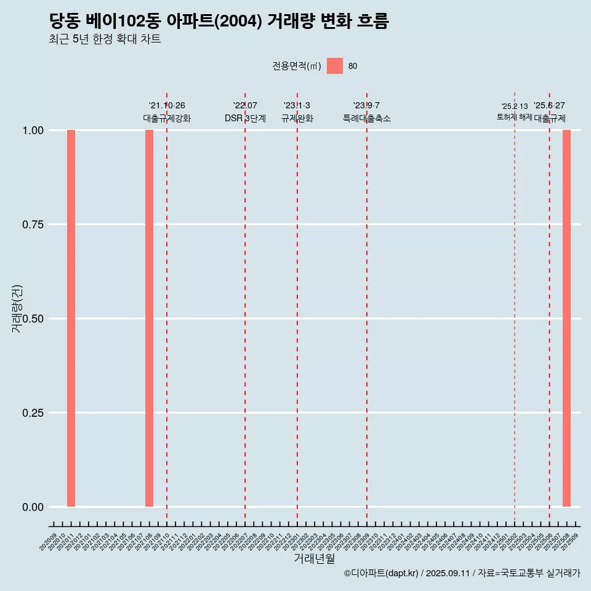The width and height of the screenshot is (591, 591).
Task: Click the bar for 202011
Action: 71,318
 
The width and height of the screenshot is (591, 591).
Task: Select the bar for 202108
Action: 149,318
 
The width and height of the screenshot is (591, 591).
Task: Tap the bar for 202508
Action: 566,318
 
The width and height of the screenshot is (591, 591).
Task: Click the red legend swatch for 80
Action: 335,66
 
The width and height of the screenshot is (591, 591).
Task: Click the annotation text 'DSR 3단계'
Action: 245,118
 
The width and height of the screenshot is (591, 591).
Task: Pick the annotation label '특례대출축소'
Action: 367,118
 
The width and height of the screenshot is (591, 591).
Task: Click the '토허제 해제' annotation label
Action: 514,117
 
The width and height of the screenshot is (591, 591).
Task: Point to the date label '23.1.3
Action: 297,106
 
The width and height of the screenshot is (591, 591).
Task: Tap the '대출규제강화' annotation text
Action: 167,118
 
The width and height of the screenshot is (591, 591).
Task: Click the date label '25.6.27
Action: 549,106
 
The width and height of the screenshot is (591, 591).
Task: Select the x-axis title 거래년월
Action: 315,559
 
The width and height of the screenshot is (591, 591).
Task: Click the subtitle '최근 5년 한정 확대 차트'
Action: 105,39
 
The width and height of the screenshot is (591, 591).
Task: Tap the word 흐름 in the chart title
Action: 372,21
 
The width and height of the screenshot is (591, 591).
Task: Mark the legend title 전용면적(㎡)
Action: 297,66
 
